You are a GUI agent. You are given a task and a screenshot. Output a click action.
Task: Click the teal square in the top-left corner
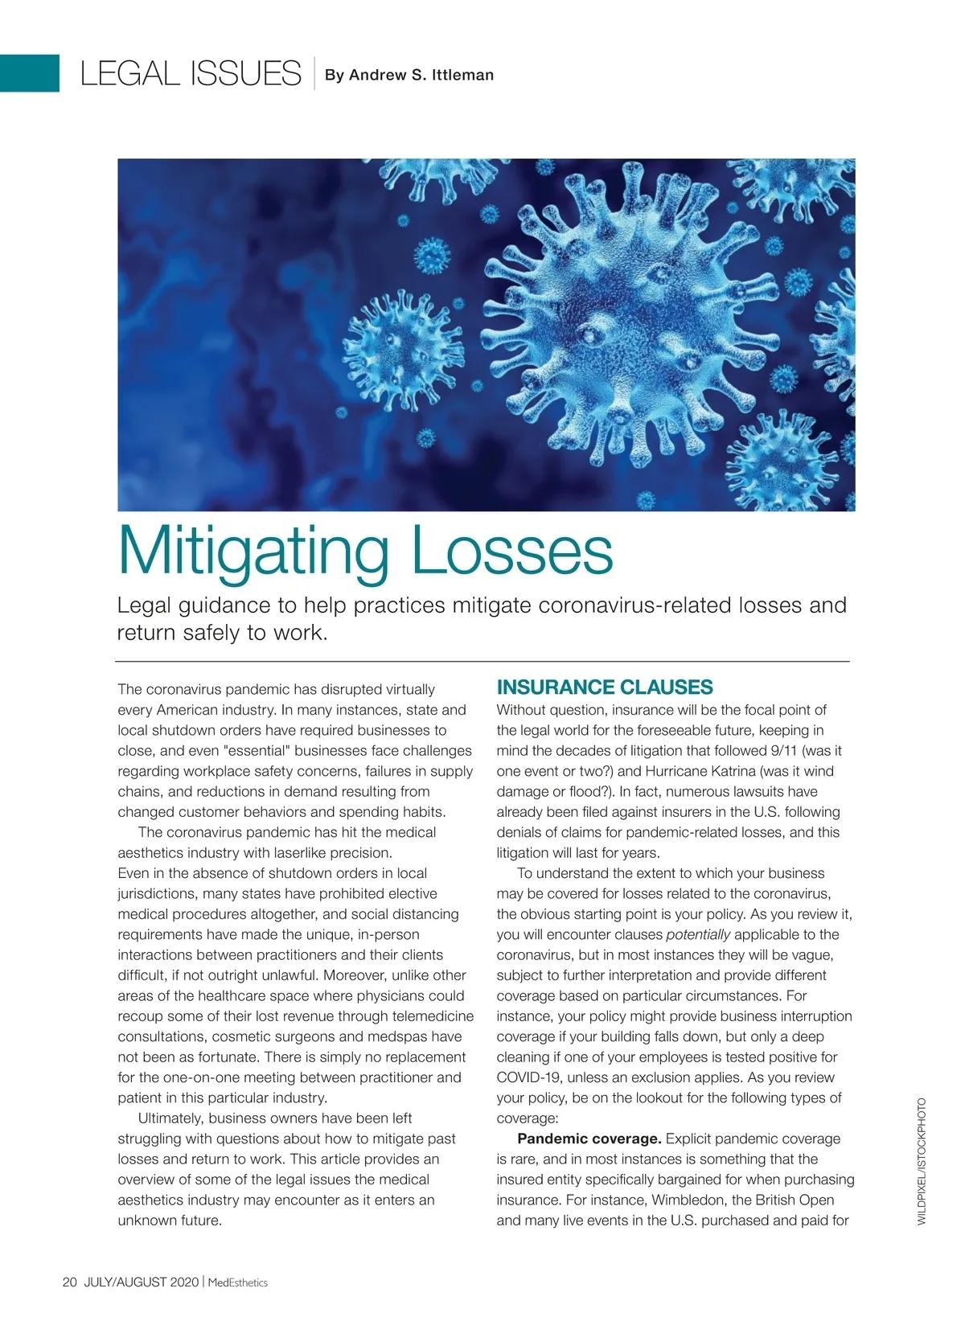tap(30, 73)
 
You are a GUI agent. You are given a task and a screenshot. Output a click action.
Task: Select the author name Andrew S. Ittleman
tap(409, 75)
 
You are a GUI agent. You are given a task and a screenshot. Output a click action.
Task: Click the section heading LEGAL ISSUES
tap(191, 74)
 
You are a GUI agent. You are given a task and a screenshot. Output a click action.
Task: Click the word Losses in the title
tap(511, 552)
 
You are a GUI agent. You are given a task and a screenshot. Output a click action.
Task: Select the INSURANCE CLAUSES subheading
tap(604, 687)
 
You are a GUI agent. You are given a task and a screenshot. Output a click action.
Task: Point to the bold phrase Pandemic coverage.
tap(589, 1139)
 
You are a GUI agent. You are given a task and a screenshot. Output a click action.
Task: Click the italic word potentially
tap(698, 934)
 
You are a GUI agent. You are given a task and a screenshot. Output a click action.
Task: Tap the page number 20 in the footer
tap(69, 1282)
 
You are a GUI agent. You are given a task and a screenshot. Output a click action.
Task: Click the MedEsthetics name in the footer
tap(237, 1282)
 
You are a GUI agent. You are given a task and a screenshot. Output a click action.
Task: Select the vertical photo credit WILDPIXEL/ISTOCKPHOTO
tap(922, 1161)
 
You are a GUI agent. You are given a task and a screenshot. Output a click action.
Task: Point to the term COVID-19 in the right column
tap(530, 1077)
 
